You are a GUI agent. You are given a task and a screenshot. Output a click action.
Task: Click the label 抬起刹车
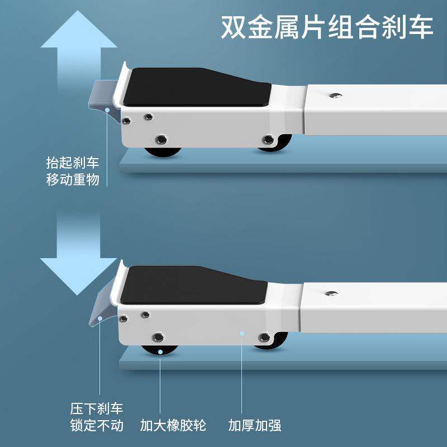73,163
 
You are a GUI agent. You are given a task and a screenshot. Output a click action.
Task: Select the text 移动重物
73,180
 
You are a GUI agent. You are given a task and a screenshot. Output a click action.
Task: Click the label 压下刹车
97,408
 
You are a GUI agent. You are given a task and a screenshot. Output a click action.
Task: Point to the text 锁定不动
97,425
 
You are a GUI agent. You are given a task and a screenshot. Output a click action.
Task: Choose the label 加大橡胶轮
173,425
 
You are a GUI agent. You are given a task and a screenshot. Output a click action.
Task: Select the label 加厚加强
255,425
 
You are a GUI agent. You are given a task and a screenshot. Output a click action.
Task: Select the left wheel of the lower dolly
159,349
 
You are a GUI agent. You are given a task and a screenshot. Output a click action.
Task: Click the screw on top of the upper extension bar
335,96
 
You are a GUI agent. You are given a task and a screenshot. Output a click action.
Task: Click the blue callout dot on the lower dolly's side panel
242,334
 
